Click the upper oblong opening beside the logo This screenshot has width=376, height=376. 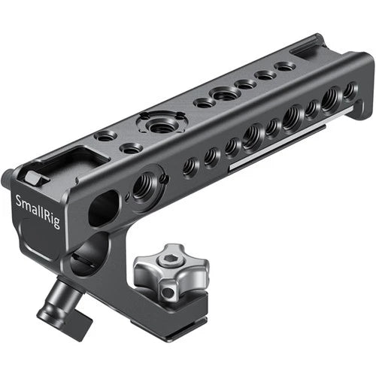103,208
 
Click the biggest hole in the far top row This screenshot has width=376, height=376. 225,94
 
